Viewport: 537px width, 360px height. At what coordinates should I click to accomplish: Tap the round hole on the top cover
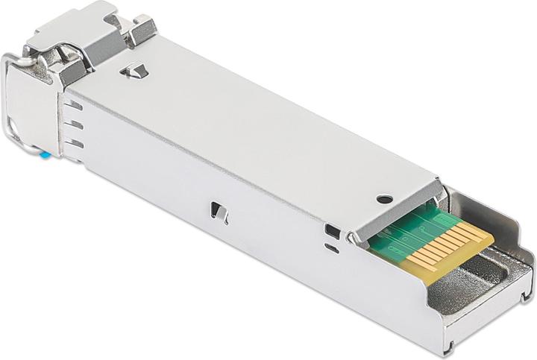point(384,199)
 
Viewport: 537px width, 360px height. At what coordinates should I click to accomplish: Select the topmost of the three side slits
point(74,105)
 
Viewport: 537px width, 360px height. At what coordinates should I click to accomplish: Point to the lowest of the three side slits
point(74,142)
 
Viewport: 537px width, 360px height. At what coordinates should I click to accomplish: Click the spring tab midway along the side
point(218,212)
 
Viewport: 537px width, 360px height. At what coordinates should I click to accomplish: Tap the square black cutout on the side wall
point(333,232)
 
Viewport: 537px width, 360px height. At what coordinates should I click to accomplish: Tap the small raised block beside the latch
point(139,28)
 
